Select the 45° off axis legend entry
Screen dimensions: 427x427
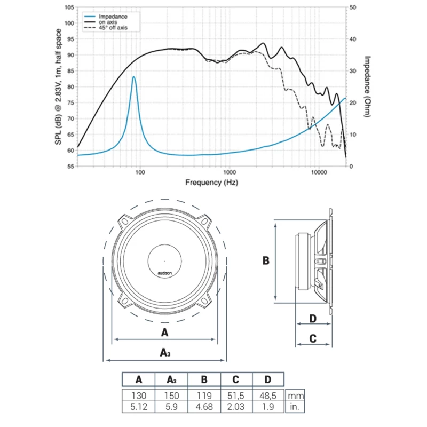click(x=113, y=28)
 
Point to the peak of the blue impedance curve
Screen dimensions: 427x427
click(x=133, y=77)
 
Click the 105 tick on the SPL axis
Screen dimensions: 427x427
click(x=69, y=7)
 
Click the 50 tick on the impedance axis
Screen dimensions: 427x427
click(x=352, y=7)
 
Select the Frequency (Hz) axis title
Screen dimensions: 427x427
click(x=211, y=183)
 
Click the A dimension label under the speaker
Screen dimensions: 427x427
click(x=164, y=333)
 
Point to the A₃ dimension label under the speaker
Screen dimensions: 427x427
click(x=165, y=352)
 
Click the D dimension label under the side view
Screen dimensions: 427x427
click(x=313, y=319)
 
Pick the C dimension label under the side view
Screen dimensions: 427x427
click(x=313, y=338)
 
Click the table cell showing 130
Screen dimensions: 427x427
click(x=139, y=397)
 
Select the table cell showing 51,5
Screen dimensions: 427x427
click(x=236, y=397)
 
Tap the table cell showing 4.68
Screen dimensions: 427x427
click(x=204, y=407)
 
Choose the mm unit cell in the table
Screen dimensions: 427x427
click(x=296, y=397)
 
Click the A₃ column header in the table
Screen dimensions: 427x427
click(x=171, y=380)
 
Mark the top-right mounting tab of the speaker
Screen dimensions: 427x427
click(x=205, y=220)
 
